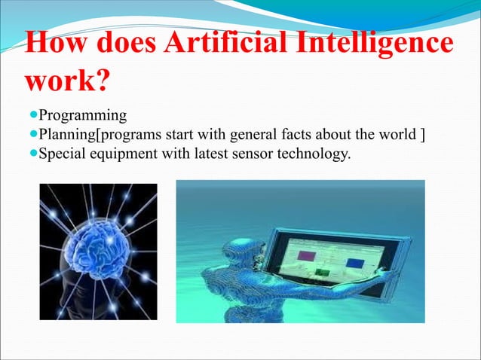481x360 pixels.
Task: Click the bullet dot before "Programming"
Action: (x=30, y=116)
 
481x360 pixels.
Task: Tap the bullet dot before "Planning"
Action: (x=30, y=135)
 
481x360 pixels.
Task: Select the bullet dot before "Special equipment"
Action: (x=30, y=154)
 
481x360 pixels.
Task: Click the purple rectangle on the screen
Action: (x=306, y=255)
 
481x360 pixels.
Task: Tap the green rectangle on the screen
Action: (x=323, y=270)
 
